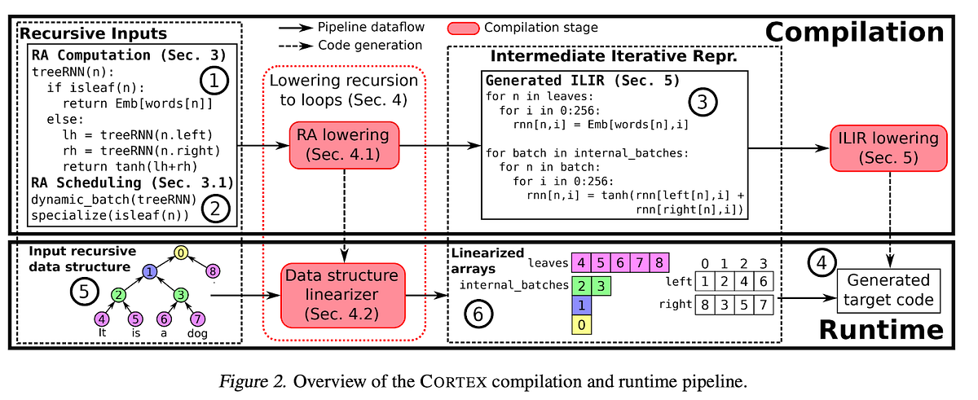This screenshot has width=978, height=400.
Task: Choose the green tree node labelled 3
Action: click(x=182, y=294)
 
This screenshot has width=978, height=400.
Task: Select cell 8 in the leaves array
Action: click(x=659, y=262)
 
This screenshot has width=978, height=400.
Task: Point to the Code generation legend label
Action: click(x=370, y=46)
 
